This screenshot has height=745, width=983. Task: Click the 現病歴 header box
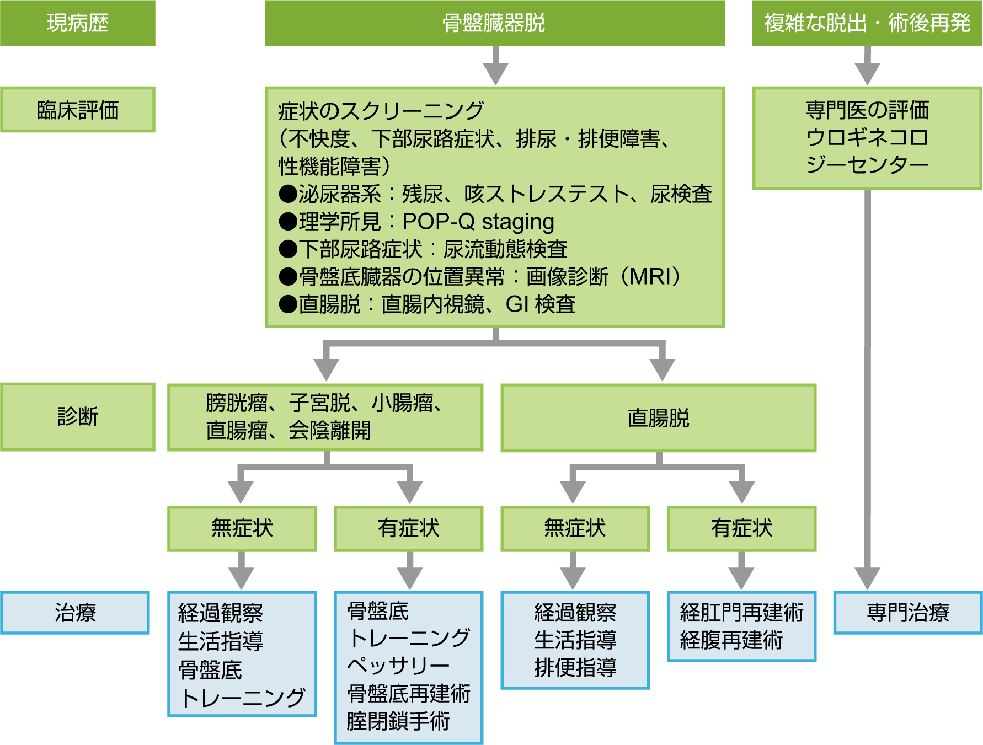[77, 23]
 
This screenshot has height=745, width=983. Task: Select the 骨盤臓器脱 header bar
[494, 23]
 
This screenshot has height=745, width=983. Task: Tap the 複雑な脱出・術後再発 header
[867, 23]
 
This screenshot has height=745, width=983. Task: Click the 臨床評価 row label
[77, 110]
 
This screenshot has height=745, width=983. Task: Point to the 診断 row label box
[77, 417]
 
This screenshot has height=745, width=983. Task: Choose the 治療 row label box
[75, 613]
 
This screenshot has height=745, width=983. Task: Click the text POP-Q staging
[478, 222]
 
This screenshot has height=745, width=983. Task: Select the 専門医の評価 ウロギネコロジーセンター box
[867, 138]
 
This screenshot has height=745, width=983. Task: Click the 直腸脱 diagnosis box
[658, 418]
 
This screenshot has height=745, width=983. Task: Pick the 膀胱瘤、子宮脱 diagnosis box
[325, 417]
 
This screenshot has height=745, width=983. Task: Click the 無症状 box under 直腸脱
[575, 528]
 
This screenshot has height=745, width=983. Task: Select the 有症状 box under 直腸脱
[741, 528]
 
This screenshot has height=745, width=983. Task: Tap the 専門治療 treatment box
[907, 613]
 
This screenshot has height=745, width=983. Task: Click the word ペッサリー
[398, 666]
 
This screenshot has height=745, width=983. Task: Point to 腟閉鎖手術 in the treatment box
[398, 721]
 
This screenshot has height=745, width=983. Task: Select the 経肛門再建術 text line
[741, 613]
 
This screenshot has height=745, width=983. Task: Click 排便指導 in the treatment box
[575, 668]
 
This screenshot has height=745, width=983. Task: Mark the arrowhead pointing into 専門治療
[867, 579]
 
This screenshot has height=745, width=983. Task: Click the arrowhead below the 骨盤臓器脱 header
[495, 73]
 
